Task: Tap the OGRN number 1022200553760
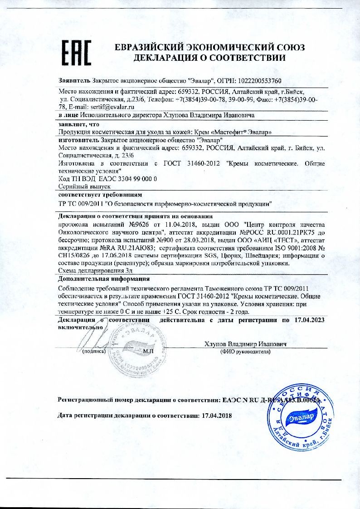coord(257,81)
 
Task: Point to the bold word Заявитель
coord(75,81)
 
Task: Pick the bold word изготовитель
coord(79,140)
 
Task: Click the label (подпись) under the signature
coord(94,352)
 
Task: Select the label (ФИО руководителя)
coord(245,352)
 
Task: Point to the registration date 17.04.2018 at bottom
coord(216,415)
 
